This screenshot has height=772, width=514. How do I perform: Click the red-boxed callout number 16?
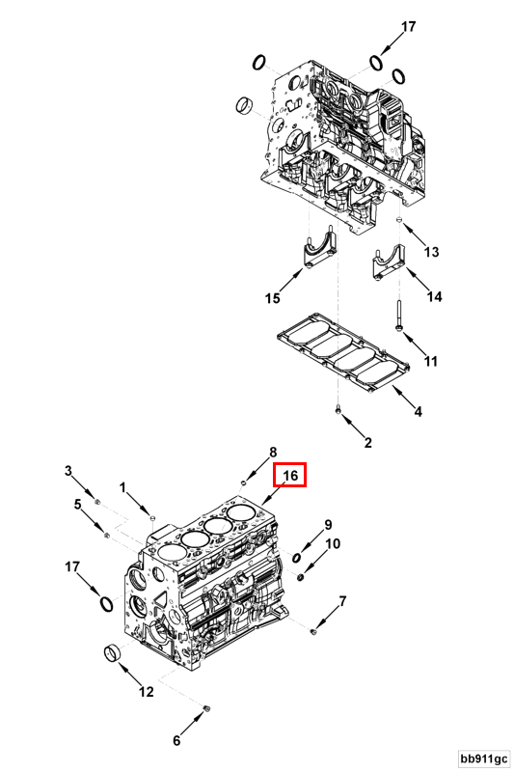coord(291,475)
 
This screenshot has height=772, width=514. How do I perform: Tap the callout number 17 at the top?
coord(408,26)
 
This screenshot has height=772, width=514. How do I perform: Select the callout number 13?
coord(431,252)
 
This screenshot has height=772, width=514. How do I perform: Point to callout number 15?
coord(273,299)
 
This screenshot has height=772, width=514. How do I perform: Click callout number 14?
coord(434,297)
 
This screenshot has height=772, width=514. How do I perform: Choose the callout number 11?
coord(431,362)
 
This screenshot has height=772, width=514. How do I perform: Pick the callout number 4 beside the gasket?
coord(418,412)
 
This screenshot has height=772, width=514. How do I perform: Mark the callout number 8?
coord(273,452)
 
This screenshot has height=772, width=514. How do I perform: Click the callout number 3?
coord(68,470)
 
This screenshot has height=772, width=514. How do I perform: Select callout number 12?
coord(147,691)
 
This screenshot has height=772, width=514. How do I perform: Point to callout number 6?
coord(176,741)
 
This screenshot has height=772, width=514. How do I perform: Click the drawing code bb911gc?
coord(483,758)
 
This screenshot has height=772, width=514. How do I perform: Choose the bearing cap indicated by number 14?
coord(388,264)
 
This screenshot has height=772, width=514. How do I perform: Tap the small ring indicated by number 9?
coord(298,557)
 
